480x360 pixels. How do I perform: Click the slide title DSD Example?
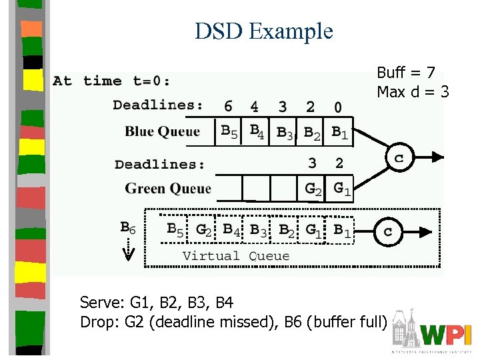[x=263, y=31]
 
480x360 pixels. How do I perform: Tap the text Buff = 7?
[x=406, y=73]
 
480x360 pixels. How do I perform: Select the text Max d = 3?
[x=413, y=91]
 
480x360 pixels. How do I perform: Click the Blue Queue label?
[x=162, y=131]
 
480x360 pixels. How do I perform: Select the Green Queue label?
[x=168, y=189]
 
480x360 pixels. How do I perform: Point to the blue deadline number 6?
[x=228, y=106]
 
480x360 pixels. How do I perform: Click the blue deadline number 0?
[x=338, y=107]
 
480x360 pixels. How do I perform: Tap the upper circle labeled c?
[x=399, y=158]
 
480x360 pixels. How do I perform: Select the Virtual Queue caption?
[x=236, y=256]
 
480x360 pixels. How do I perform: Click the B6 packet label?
[x=128, y=228]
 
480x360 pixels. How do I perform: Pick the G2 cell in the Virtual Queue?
[x=204, y=231]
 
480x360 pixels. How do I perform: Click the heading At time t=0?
[x=111, y=81]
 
